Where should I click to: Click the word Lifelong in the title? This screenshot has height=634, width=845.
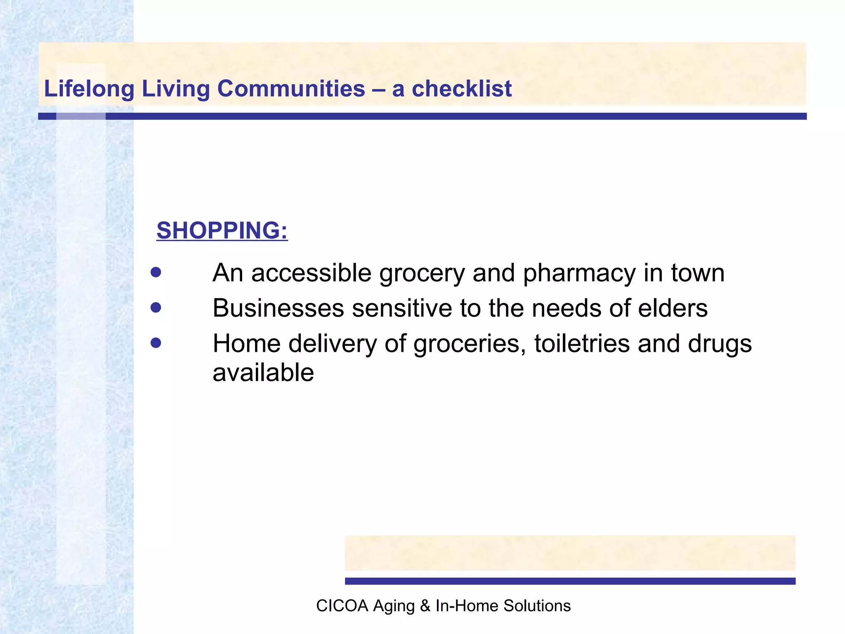(89, 89)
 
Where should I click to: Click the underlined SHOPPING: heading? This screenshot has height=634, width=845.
(222, 230)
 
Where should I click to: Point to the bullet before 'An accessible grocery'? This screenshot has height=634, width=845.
(156, 272)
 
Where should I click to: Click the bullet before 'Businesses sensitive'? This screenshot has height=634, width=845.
(156, 308)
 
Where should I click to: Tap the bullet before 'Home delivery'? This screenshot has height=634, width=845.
(156, 343)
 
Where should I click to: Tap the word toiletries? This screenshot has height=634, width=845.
(582, 343)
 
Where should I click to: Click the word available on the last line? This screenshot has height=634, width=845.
(263, 373)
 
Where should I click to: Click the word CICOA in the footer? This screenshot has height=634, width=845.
(342, 606)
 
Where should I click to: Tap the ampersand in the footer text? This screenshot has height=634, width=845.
(425, 606)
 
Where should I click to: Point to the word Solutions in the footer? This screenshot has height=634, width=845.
(537, 606)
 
